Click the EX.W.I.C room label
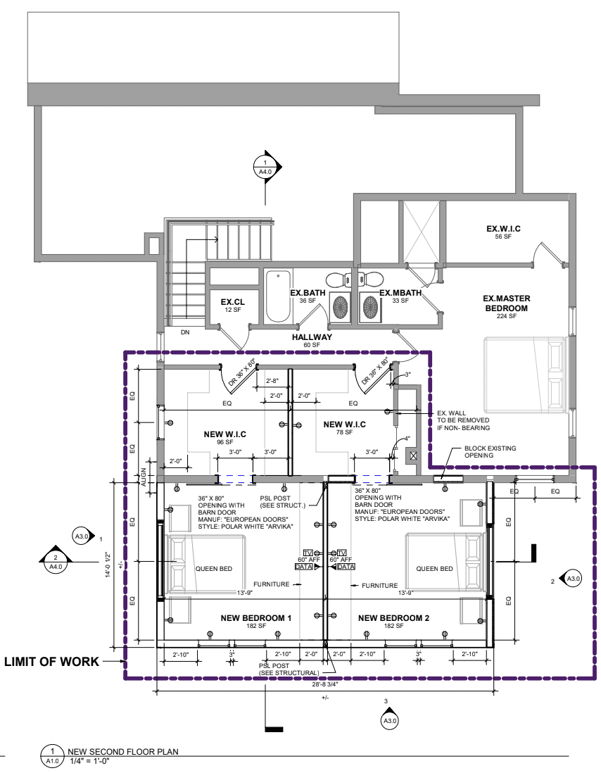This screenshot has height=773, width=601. click(x=503, y=229)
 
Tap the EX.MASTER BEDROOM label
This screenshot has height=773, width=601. click(x=507, y=303)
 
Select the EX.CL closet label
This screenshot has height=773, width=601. click(x=232, y=302)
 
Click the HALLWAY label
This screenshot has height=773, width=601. click(x=312, y=337)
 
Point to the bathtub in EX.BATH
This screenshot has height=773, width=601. click(x=279, y=296)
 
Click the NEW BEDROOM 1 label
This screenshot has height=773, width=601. click(x=255, y=618)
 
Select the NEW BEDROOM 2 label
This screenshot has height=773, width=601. click(x=393, y=618)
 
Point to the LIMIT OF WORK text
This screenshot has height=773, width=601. click(x=52, y=662)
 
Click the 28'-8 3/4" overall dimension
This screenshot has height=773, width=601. click(x=324, y=684)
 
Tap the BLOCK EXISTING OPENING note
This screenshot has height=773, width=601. click(x=490, y=451)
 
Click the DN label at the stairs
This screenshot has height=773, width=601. click(x=184, y=332)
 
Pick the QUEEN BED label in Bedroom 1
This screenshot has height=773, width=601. click(x=214, y=568)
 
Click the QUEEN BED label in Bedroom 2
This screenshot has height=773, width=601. click(x=434, y=568)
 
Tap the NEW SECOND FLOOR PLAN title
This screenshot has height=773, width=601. click(x=123, y=752)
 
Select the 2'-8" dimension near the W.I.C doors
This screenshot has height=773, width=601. click(x=272, y=381)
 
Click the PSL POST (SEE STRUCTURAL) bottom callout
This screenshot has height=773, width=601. click(x=289, y=670)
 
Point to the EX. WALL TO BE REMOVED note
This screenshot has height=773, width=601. click(x=463, y=420)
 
